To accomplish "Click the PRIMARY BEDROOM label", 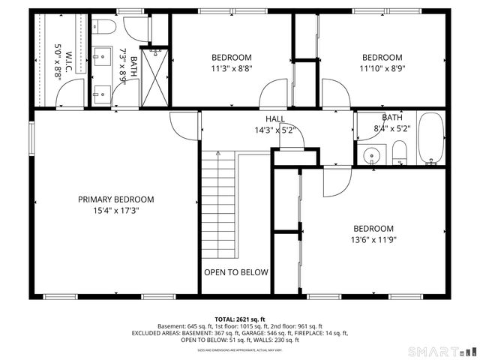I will click(116, 199).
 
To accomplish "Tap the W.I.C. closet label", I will click(68, 58).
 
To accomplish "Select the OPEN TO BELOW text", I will click(236, 272).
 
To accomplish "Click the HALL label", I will click(274, 119).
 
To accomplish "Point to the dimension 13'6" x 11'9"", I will click(373, 241).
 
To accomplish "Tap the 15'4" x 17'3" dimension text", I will click(116, 211).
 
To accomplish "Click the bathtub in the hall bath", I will click(430, 139).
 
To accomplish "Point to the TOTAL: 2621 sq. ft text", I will click(240, 319).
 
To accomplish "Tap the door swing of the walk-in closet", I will click(69, 94).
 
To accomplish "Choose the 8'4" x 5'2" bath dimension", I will click(392, 129).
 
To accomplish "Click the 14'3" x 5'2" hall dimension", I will click(274, 130).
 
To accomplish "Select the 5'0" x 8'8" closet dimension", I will click(58, 58).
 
